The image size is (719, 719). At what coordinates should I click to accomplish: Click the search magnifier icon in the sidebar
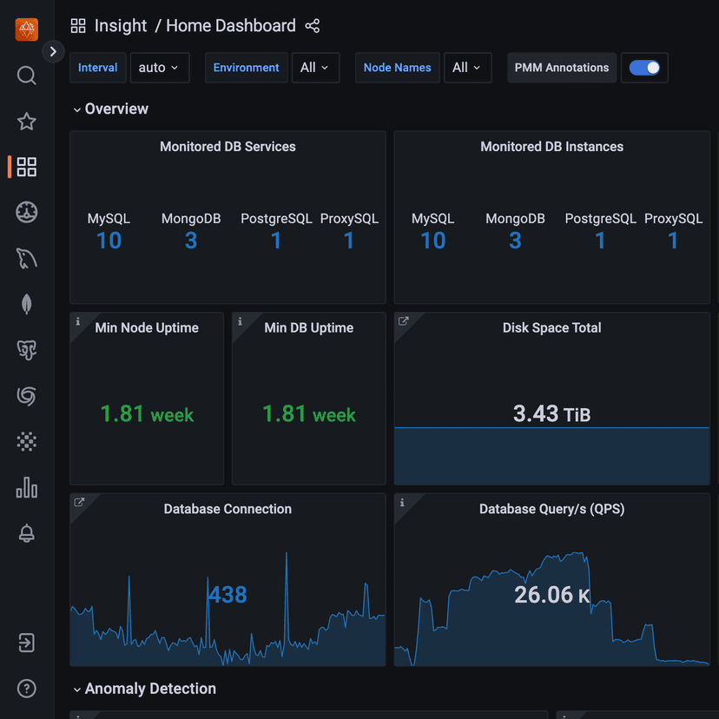click(x=27, y=76)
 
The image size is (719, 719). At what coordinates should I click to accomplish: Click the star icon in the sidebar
click(x=27, y=122)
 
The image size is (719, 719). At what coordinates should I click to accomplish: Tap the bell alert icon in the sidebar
click(x=27, y=534)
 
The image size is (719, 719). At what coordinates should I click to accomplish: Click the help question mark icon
click(x=27, y=689)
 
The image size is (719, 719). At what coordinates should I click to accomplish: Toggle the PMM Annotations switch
click(x=644, y=68)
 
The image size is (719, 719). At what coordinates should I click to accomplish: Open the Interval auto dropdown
click(x=160, y=68)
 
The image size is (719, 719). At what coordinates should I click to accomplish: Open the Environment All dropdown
click(x=315, y=68)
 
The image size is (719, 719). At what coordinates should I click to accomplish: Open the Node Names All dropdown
click(x=467, y=68)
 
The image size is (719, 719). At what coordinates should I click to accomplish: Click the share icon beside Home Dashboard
click(x=313, y=26)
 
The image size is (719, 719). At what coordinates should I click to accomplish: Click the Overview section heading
click(x=116, y=109)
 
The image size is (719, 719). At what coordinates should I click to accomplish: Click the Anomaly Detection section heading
click(x=150, y=689)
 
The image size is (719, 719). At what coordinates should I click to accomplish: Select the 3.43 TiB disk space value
click(x=551, y=413)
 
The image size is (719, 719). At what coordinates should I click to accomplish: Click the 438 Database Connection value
click(x=228, y=595)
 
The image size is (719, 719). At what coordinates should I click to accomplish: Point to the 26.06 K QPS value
click(x=551, y=595)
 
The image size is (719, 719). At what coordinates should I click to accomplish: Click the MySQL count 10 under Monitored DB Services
click(x=109, y=241)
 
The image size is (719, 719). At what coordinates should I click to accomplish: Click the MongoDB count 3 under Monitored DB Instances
click(x=515, y=241)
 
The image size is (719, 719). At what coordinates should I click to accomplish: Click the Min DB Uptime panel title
click(x=308, y=327)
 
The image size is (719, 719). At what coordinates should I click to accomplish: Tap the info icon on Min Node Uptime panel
click(x=77, y=321)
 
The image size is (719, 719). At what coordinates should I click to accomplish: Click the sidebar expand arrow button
click(x=53, y=51)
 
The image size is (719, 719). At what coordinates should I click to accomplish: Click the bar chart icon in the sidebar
click(x=27, y=488)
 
